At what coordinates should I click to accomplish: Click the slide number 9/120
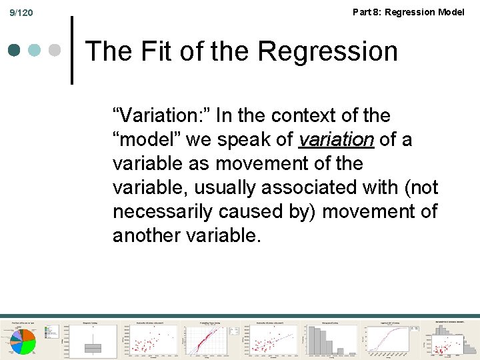point(21,13)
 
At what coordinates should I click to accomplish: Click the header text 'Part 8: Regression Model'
point(408,12)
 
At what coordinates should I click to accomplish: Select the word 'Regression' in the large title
point(327,51)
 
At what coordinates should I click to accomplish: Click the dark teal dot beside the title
point(15,51)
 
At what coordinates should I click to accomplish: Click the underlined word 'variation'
point(336,140)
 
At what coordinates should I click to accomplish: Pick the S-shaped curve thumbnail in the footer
point(391,338)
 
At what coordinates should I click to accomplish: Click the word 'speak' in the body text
point(251,140)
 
